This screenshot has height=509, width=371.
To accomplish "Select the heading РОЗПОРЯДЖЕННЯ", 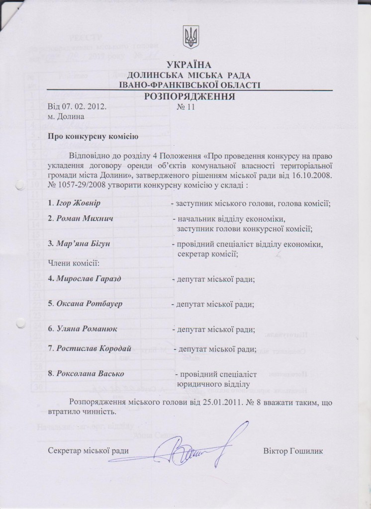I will (x=189, y=96).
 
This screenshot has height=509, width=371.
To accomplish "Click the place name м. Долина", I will (x=66, y=116).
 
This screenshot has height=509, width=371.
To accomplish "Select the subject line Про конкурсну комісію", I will (x=89, y=136).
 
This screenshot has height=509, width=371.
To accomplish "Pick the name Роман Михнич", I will (x=84, y=219).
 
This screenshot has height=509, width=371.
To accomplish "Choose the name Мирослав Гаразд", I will (x=89, y=278).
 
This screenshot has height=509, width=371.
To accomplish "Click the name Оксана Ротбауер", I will (x=90, y=303).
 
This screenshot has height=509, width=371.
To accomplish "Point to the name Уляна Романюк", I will (x=87, y=329).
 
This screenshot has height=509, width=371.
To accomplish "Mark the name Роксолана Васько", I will (x=90, y=374).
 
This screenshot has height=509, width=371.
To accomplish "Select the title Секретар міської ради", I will (x=89, y=451).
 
